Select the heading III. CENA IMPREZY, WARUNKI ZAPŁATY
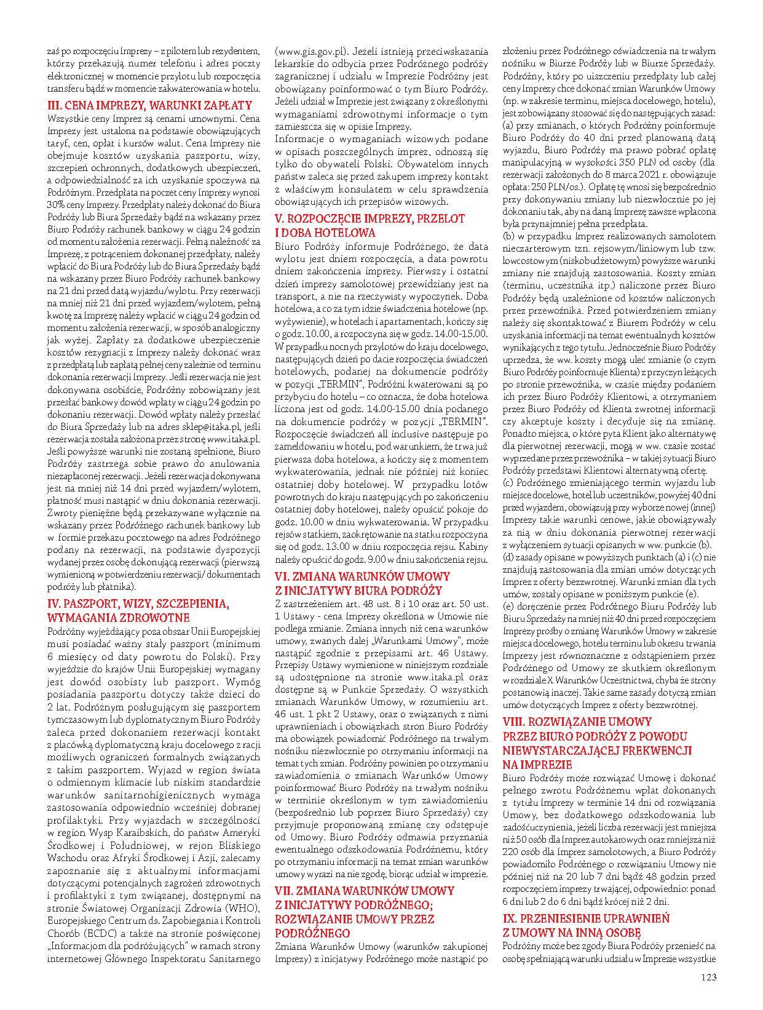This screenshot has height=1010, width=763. click(x=149, y=105)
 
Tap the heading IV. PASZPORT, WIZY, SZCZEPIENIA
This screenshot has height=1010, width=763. click(x=138, y=604)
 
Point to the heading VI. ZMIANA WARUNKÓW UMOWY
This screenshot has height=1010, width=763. click(x=362, y=576)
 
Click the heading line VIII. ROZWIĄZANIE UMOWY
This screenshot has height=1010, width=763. click(x=577, y=722)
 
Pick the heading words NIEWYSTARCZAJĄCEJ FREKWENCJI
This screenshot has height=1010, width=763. click(x=597, y=750)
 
